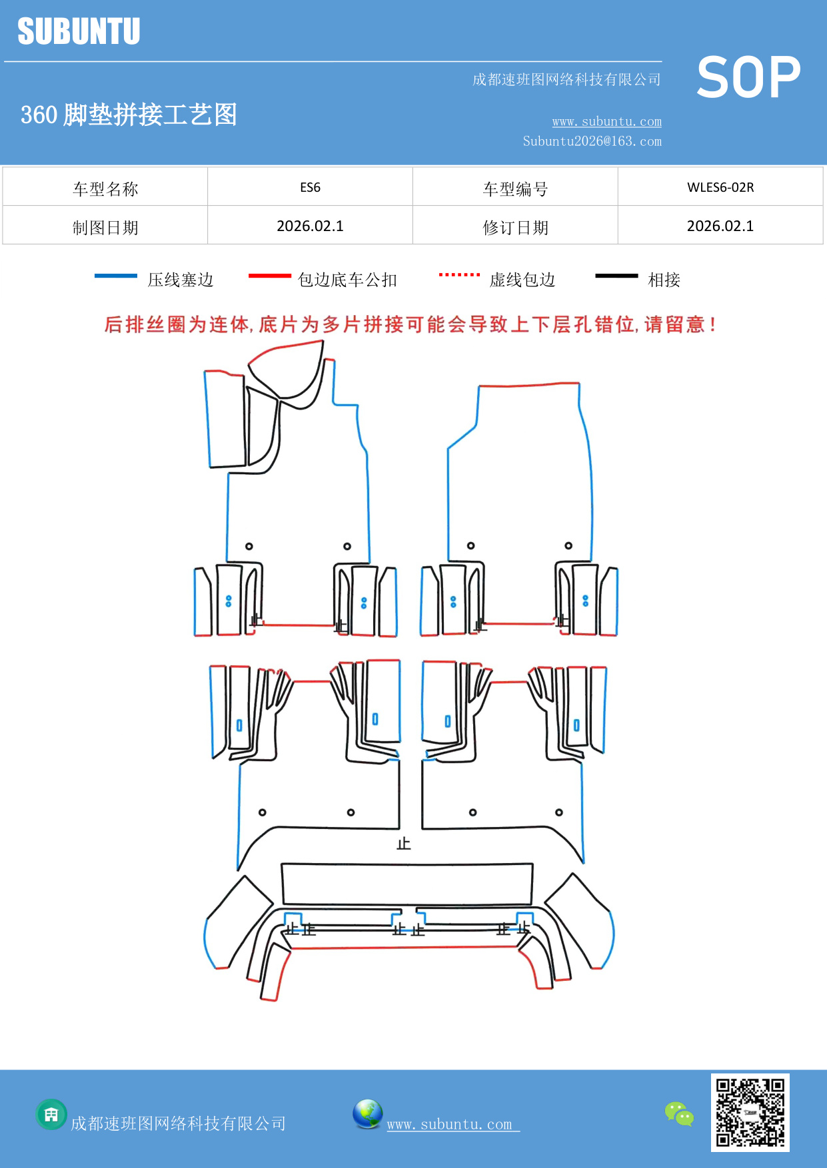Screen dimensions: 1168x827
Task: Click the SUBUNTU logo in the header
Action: [79, 31]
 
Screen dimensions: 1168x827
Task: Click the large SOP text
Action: [748, 77]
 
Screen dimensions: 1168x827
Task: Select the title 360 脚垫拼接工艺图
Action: [129, 115]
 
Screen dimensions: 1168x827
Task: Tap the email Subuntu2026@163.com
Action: [592, 141]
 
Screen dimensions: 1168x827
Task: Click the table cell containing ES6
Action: [310, 187]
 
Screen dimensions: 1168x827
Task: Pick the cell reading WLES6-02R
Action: [720, 187]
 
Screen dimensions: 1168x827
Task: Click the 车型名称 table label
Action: [105, 189]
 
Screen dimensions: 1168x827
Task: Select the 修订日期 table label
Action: [515, 228]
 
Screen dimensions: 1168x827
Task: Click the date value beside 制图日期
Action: [310, 226]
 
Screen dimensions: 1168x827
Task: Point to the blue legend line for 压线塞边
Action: [116, 276]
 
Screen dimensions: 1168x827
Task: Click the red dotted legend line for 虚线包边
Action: [459, 274]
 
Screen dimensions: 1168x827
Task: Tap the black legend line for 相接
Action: [616, 276]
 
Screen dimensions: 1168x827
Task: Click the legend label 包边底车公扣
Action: [347, 280]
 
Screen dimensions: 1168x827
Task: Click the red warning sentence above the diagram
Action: [411, 325]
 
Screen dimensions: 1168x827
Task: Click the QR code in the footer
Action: [750, 1112]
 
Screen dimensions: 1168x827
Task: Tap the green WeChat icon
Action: [679, 1113]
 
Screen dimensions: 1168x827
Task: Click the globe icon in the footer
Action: [367, 1114]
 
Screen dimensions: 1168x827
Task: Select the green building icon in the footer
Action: [51, 1114]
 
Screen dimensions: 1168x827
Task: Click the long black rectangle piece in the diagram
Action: [407, 884]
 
